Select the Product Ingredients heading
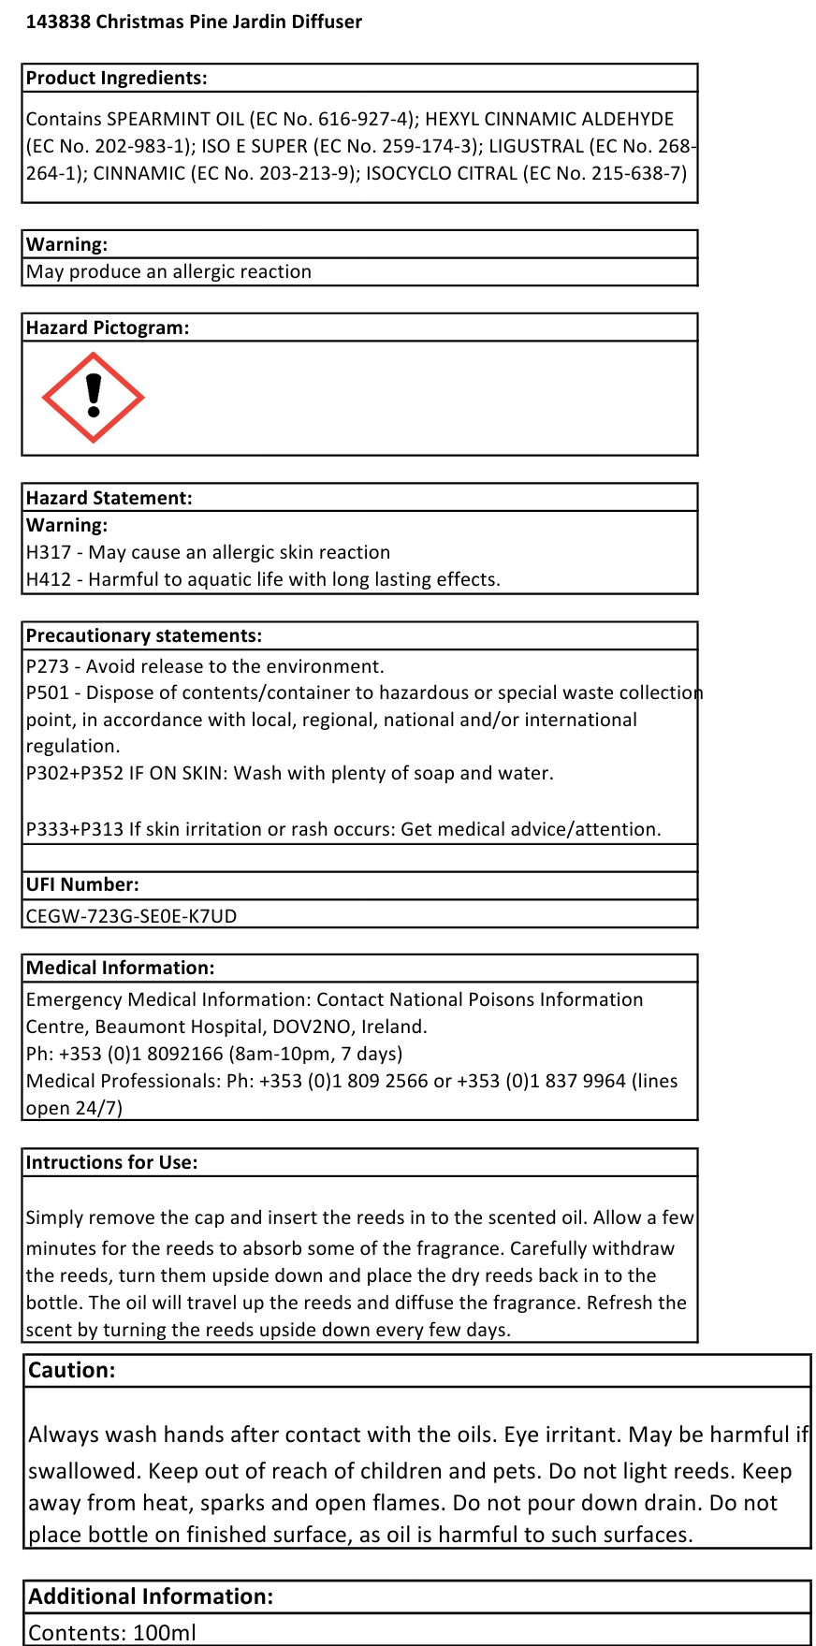coord(117,79)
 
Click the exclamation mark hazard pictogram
coord(94,397)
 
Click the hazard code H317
coord(49,553)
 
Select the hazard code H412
coord(49,580)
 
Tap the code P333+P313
coord(75,830)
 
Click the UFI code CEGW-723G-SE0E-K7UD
coord(132,916)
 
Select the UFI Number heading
coord(82,885)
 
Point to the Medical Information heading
coord(121,969)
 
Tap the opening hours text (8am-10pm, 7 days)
coord(315,1055)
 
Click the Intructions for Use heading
coord(112,1163)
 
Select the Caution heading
coord(72,1371)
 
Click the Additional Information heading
coord(151,1597)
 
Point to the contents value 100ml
coord(165,1633)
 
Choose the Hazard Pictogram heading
coord(108,328)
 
